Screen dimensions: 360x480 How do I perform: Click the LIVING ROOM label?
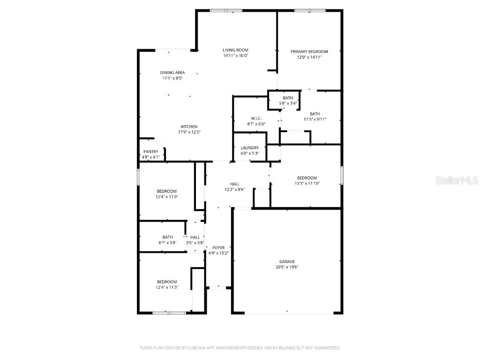click(x=235, y=50)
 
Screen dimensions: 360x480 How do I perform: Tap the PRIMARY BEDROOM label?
click(x=309, y=52)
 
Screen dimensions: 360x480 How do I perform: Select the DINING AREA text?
click(x=172, y=73)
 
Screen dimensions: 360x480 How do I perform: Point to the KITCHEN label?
click(x=189, y=127)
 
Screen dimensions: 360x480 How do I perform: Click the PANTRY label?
click(x=151, y=151)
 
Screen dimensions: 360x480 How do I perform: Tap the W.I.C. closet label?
click(x=256, y=118)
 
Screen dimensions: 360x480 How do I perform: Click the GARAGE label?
click(x=287, y=262)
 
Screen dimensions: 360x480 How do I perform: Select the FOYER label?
click(x=218, y=247)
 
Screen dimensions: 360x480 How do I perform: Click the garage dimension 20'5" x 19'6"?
click(x=287, y=267)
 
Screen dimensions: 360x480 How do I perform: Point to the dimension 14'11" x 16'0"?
click(x=235, y=56)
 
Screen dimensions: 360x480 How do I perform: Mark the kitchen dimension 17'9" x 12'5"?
click(x=189, y=132)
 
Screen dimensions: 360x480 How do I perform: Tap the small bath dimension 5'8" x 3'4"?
click(x=288, y=103)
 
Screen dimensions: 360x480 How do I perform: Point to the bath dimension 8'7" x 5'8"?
click(x=167, y=243)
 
